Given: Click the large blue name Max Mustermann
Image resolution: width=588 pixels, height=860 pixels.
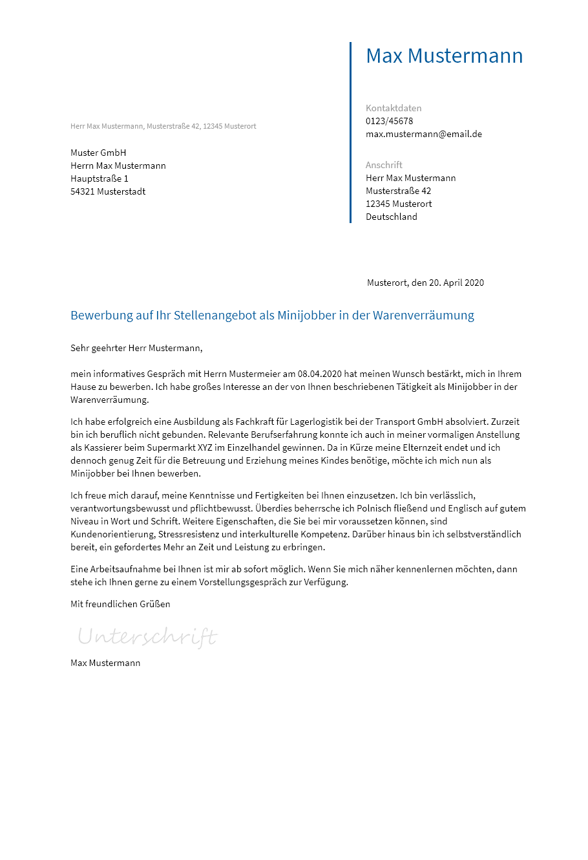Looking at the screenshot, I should pos(444,56).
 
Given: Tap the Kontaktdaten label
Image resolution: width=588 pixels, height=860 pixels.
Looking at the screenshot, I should pos(393,108).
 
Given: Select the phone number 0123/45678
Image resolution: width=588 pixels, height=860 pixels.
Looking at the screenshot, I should pos(389,121).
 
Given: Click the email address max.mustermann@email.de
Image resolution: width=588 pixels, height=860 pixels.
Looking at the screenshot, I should pos(423,134).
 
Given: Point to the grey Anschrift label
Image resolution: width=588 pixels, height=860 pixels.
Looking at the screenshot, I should pos(384,165).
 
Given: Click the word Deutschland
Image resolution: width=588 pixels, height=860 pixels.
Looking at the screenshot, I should pos(391,217).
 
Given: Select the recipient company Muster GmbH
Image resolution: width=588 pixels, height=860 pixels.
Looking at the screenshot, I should pos(98,153).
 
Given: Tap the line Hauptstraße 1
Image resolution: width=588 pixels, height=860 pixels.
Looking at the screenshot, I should pos(100,178).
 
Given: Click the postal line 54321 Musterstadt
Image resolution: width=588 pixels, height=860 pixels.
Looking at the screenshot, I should pos(108,191).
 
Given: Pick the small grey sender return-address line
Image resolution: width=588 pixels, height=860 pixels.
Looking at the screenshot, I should pos(163,126).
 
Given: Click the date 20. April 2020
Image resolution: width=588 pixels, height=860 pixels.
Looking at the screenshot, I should pos(456,283).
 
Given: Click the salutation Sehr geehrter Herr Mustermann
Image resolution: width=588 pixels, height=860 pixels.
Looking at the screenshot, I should pos(136,348).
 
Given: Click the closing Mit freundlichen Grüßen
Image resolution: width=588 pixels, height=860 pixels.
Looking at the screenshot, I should pos(120,604).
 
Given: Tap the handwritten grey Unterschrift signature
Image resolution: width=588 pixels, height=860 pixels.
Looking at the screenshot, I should pos(147,637).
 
